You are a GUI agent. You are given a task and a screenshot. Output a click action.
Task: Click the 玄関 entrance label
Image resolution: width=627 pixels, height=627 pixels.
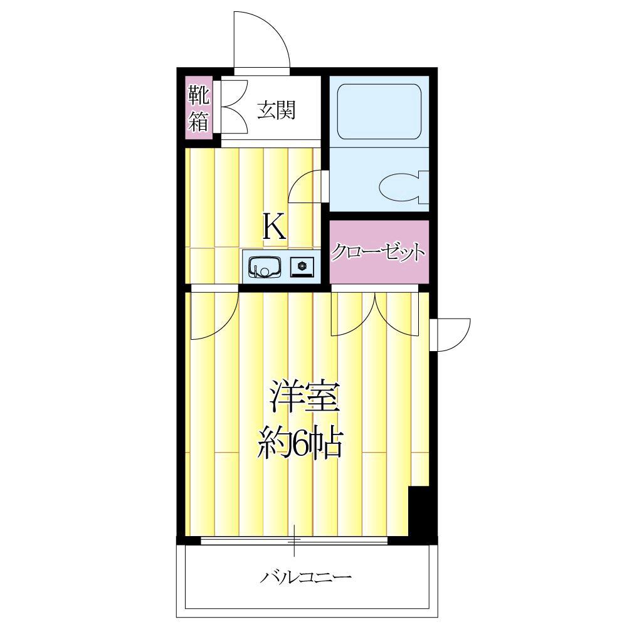(x=276, y=110)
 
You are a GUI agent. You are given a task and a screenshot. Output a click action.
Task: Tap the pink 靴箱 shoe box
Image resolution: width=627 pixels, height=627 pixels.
(x=199, y=107)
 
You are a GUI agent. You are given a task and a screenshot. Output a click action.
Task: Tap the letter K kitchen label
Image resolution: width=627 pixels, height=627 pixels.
(x=274, y=228)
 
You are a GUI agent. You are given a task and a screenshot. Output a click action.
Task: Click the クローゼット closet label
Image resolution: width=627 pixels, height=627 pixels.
(x=379, y=253)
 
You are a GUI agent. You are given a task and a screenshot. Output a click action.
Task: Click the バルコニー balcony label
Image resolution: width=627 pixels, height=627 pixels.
(x=305, y=576)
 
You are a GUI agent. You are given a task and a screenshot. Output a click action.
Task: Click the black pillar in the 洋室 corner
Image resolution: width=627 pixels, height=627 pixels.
(x=418, y=511)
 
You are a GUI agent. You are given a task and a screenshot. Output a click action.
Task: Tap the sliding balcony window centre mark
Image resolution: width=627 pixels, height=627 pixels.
(x=295, y=540)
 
